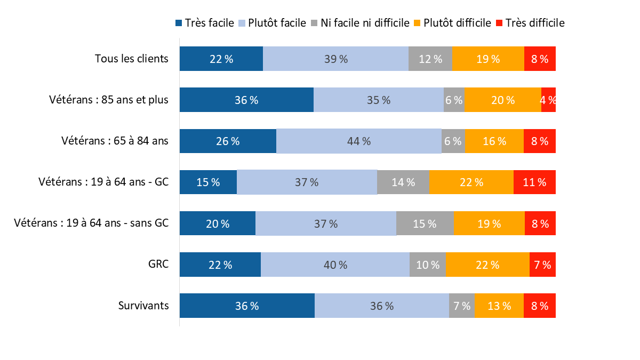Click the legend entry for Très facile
(x=204, y=23)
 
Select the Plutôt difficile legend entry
(x=453, y=23)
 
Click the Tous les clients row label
(x=132, y=59)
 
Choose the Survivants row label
(x=143, y=306)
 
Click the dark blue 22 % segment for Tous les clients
(x=221, y=59)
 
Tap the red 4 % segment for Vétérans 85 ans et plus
(x=548, y=100)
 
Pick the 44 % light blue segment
(x=359, y=141)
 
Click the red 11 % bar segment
(x=534, y=182)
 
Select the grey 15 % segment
(x=425, y=223)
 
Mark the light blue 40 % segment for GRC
(x=335, y=265)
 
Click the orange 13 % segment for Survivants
(x=499, y=306)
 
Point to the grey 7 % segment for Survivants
(x=462, y=306)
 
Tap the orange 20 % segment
(x=503, y=100)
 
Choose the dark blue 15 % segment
(x=208, y=182)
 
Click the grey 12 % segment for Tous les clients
(x=430, y=59)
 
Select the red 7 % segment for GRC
(x=542, y=265)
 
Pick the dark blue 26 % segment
(x=228, y=141)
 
